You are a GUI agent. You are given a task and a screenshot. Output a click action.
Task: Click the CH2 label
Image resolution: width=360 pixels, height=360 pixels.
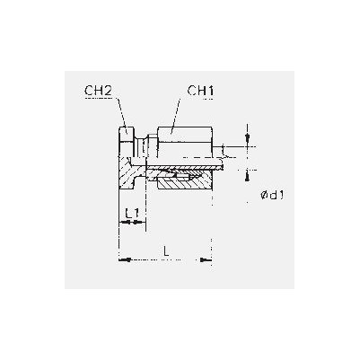98,91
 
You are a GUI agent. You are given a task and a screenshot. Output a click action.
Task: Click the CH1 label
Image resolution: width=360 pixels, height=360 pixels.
201,91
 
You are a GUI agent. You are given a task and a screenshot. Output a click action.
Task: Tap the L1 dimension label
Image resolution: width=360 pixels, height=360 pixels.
132,214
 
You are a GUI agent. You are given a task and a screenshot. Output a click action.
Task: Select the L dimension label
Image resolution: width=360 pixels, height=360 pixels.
166,250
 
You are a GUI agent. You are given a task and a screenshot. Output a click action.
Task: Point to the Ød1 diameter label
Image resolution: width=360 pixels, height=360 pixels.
272,196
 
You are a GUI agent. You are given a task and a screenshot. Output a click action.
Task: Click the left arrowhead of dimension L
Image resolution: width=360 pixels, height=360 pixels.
125,259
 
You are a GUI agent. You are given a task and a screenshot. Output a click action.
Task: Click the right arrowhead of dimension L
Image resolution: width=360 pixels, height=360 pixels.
206,259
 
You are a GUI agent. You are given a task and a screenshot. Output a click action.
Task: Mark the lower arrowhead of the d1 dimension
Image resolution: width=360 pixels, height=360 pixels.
247,176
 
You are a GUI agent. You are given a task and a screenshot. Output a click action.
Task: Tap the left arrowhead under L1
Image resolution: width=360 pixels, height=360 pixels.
124,222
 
